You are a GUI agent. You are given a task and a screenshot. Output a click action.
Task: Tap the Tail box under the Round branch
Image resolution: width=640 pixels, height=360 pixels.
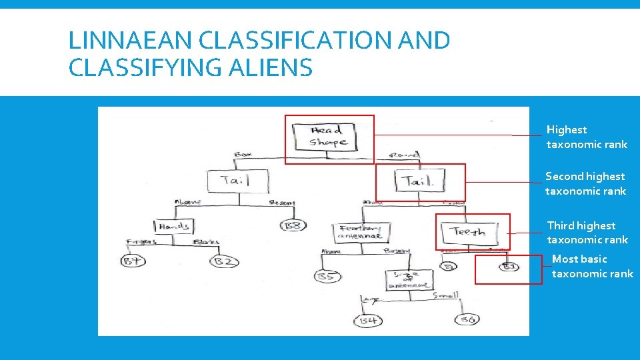coord(419,181)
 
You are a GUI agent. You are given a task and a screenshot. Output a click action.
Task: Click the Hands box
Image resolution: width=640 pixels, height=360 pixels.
coord(173,227)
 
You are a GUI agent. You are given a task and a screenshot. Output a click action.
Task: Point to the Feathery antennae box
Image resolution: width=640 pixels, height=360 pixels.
coord(361,232)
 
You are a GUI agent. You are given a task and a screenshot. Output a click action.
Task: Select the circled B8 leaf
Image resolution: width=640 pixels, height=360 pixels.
coord(293,225)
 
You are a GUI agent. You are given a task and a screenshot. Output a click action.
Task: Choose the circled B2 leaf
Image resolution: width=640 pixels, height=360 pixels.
coord(223,261)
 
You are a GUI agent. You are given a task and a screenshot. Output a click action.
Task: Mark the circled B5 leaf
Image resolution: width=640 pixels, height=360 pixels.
coord(326,275)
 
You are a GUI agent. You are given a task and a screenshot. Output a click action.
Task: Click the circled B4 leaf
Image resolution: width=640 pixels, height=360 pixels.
coord(368,321)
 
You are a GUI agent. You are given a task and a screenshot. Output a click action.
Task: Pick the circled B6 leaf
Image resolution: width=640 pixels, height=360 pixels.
coord(467,321)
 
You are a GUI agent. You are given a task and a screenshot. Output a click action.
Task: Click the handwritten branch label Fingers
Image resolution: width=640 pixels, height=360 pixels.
coord(141,243)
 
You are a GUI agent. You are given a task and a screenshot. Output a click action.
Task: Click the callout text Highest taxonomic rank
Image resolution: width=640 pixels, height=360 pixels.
coord(587,137)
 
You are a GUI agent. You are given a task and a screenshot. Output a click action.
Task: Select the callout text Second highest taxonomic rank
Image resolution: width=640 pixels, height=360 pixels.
coord(585,184)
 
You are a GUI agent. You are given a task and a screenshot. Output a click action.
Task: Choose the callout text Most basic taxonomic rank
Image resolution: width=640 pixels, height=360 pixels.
coord(592,267)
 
